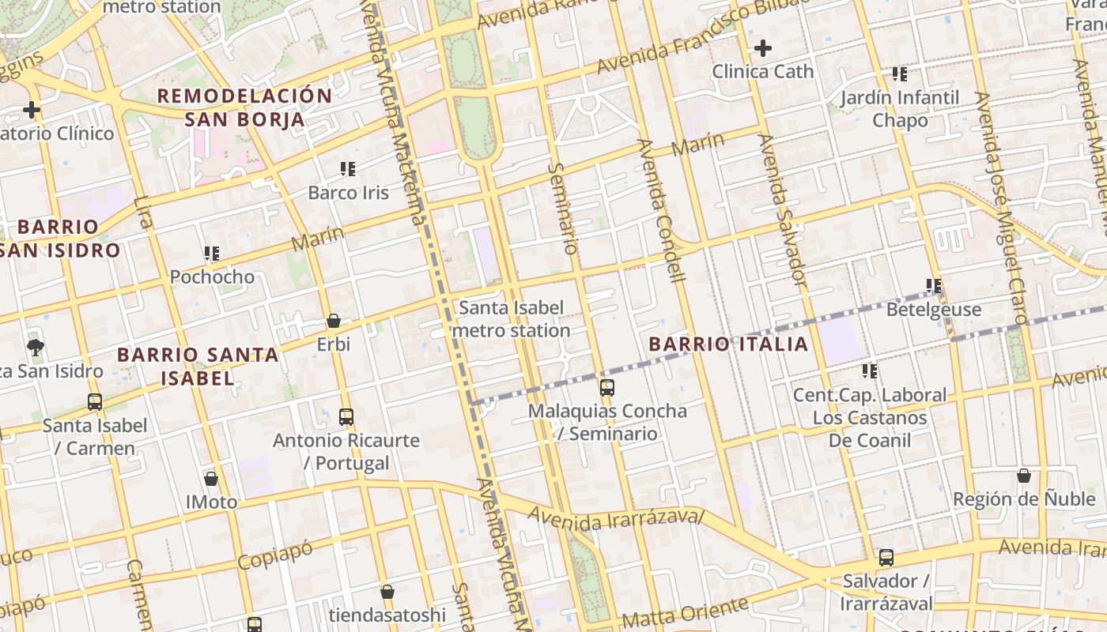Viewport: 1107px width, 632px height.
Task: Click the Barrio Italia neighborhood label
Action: click(x=728, y=344)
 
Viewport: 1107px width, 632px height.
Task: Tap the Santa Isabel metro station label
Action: click(x=511, y=318)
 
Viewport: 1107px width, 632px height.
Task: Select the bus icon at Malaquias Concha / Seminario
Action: click(x=606, y=388)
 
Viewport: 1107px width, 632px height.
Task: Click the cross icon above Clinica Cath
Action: click(x=762, y=49)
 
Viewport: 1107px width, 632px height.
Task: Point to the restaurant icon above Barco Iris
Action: click(x=347, y=168)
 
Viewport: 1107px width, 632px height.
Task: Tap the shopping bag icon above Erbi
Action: click(x=334, y=321)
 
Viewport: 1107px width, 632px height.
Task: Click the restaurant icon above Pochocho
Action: click(x=211, y=254)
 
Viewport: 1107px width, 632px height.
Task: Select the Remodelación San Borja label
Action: click(x=244, y=107)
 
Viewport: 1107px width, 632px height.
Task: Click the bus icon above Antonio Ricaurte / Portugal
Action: click(x=346, y=416)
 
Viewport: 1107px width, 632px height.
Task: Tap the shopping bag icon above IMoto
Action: click(x=211, y=478)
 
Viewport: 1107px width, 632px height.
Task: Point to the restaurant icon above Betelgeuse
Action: click(x=933, y=286)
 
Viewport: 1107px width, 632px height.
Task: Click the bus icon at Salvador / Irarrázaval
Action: click(x=886, y=558)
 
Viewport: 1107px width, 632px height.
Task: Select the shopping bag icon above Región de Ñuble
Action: click(x=1023, y=476)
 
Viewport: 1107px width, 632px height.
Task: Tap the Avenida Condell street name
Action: click(x=660, y=210)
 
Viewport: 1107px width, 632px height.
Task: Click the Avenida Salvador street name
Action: click(x=782, y=209)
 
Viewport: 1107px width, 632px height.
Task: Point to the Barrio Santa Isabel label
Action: click(x=198, y=366)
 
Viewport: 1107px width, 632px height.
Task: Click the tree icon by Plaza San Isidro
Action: click(x=35, y=346)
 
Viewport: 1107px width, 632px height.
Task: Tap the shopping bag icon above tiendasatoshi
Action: click(x=387, y=592)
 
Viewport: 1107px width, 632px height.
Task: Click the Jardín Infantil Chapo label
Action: click(x=899, y=109)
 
